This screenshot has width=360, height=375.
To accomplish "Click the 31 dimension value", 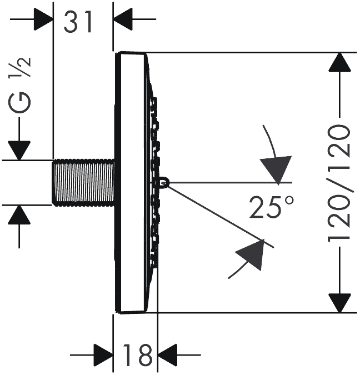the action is (78, 22).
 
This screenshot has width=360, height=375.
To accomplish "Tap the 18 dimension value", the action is (137, 356).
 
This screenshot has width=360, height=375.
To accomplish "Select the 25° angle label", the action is (271, 207).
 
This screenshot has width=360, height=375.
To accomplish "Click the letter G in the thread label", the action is (20, 103).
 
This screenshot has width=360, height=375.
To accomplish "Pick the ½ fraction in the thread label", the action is (20, 67).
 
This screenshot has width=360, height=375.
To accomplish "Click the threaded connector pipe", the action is (83, 182).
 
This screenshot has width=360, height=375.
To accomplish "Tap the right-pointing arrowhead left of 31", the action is (43, 19).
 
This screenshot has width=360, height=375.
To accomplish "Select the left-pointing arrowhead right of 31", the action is (123, 19).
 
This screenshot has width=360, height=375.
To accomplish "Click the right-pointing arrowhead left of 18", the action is (103, 355).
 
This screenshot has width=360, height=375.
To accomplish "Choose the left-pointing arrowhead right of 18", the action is (167, 355).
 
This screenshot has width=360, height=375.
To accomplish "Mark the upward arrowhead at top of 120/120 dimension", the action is (339, 62).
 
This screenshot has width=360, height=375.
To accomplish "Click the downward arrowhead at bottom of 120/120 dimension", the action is (339, 303).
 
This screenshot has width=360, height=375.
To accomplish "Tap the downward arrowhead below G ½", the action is (19, 151).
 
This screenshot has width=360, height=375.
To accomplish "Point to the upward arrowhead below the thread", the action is (19, 215).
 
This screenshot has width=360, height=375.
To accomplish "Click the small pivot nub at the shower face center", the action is (164, 182).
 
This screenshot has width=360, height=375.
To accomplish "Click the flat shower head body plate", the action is (131, 182).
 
